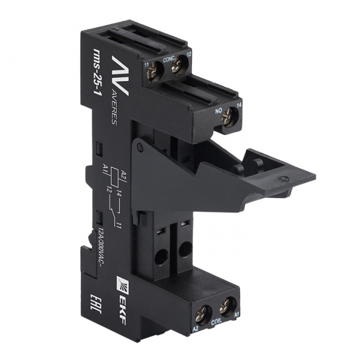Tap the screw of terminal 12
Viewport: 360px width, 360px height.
[176, 67]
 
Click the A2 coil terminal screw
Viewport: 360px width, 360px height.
[202, 311]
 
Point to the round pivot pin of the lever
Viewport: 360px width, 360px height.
[139, 148]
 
